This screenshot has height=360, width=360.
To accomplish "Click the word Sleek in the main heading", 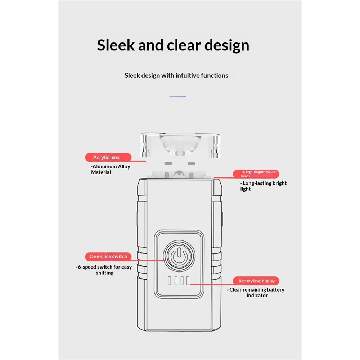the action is (x=116, y=45).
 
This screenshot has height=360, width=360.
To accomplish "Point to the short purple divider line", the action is (x=178, y=96).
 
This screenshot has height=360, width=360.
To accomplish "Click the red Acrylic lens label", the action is (x=108, y=157).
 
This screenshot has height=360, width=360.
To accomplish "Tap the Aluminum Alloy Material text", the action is (x=111, y=170).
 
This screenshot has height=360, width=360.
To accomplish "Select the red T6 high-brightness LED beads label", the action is (x=256, y=174).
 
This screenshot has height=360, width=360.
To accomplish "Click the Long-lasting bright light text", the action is (x=264, y=186).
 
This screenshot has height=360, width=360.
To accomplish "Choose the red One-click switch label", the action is (x=108, y=256).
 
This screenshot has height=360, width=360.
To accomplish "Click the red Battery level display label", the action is (x=256, y=281).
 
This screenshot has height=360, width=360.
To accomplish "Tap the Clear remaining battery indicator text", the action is (x=256, y=292).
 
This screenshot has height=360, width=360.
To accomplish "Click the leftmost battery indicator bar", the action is (x=170, y=281).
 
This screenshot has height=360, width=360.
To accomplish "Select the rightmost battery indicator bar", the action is (x=188, y=281).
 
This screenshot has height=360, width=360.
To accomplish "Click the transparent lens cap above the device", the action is (x=180, y=145).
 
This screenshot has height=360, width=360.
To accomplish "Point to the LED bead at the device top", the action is (x=179, y=174).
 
